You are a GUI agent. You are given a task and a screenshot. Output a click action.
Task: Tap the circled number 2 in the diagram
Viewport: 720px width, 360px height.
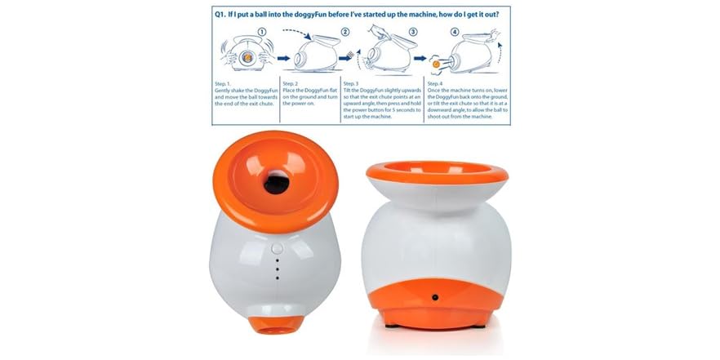345,32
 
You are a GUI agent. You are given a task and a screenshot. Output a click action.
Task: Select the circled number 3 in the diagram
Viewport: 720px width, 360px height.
412,32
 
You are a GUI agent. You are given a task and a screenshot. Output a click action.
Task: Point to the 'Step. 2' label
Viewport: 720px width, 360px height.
293,82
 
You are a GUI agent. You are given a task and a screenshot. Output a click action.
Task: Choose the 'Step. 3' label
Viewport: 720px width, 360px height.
353,82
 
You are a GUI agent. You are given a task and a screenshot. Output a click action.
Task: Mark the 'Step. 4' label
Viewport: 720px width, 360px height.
435,82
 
